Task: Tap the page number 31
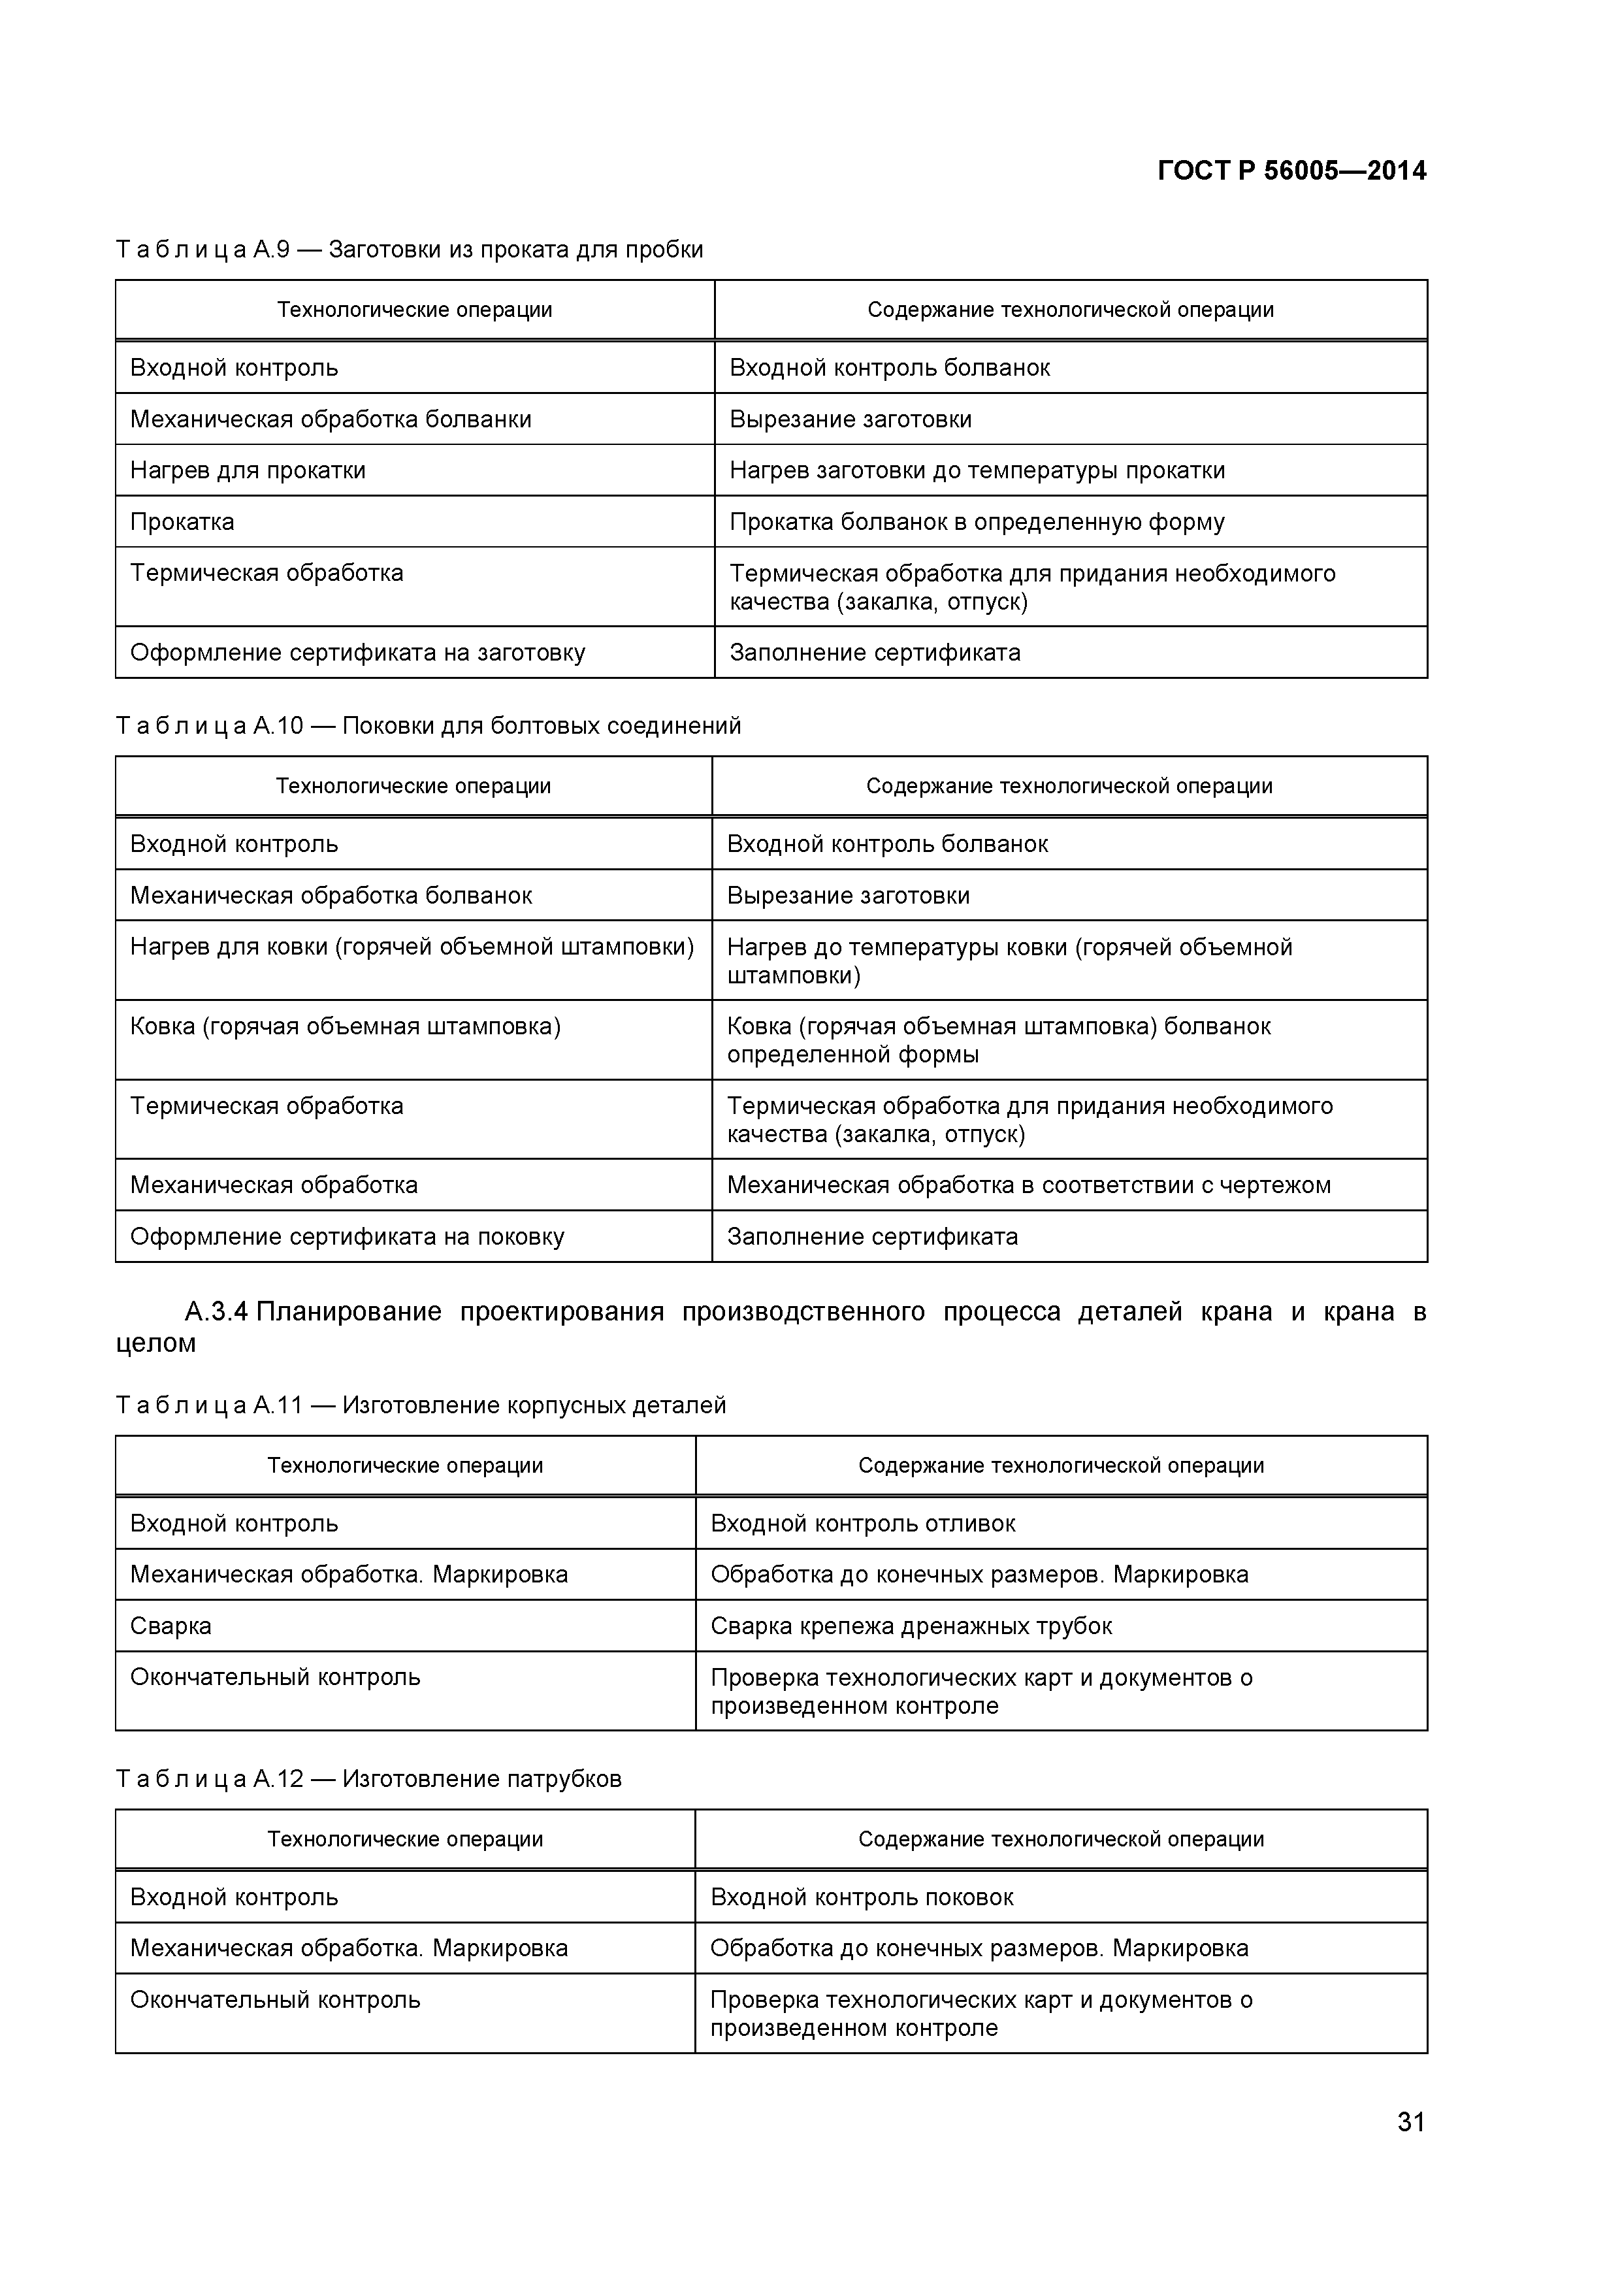[1410, 2150]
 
